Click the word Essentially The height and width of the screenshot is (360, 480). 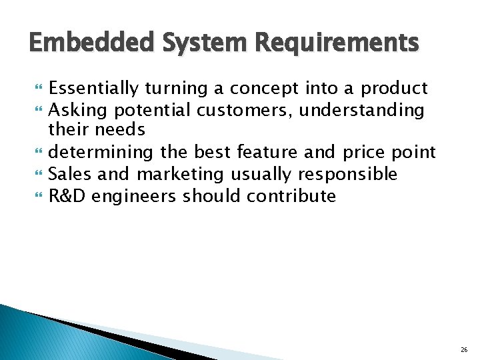coord(93,88)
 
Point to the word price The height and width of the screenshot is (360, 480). coord(362,153)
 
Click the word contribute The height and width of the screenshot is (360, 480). coord(291,196)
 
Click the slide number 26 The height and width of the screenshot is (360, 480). coord(464,349)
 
